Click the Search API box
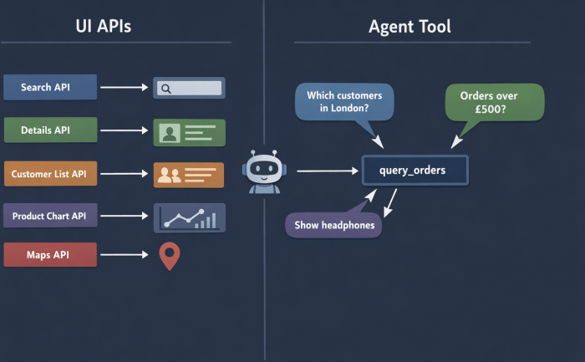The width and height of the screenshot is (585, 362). pyautogui.click(x=50, y=87)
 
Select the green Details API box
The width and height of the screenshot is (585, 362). pyautogui.click(x=50, y=130)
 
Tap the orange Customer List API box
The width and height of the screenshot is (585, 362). pyautogui.click(x=50, y=174)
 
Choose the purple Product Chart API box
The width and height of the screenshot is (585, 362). pyautogui.click(x=50, y=216)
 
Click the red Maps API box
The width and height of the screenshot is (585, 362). pyautogui.click(x=50, y=254)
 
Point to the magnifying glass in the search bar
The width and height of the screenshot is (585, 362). pyautogui.click(x=165, y=88)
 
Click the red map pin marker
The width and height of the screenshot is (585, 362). pyautogui.click(x=170, y=255)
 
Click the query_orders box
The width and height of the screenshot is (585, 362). pyautogui.click(x=415, y=171)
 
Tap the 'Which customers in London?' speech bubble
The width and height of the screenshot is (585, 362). pyautogui.click(x=343, y=102)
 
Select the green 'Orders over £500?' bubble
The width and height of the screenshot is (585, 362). pyautogui.click(x=495, y=102)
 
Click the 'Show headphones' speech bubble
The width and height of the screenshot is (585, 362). pyautogui.click(x=333, y=225)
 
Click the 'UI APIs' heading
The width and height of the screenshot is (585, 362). pyautogui.click(x=103, y=27)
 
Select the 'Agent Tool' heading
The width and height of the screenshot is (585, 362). pyautogui.click(x=409, y=27)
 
